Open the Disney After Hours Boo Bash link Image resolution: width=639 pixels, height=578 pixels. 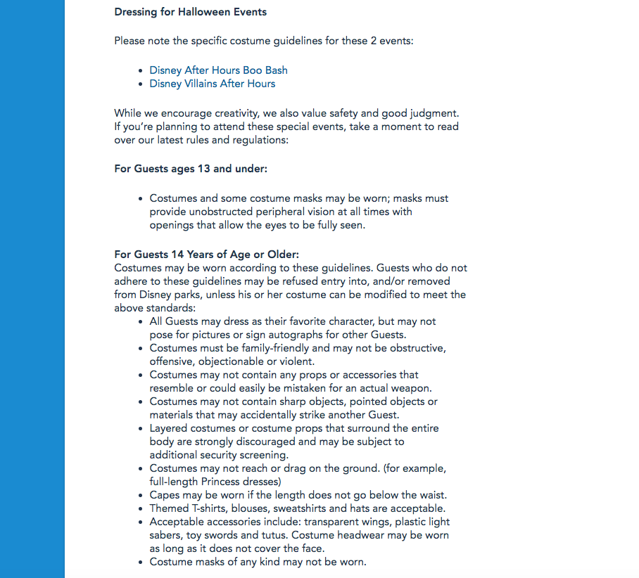coord(218,70)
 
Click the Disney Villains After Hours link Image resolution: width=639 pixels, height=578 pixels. coord(212,84)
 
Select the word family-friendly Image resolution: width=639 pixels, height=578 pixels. coord(274,348)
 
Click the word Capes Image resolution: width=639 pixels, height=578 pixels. coord(165,495)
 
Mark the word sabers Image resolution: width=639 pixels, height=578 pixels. coord(166,535)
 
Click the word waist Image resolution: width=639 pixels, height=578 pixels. coord(431,495)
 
